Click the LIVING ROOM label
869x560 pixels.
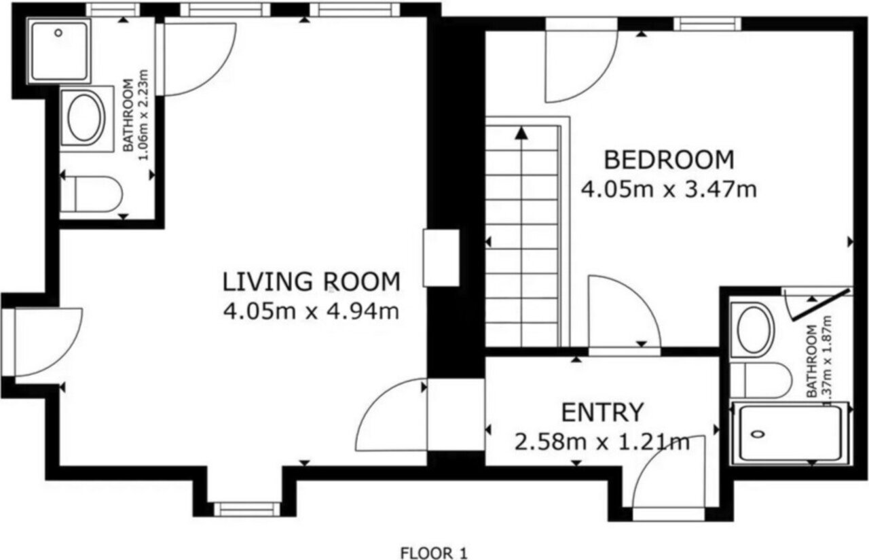[x=311, y=282]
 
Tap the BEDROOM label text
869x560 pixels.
[x=669, y=160]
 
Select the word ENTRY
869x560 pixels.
[x=602, y=413]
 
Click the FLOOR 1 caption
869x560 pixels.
[x=434, y=553]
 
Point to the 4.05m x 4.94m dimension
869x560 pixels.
[x=311, y=311]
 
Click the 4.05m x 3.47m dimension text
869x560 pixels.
[x=669, y=190]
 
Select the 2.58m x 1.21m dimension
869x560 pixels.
[x=602, y=442]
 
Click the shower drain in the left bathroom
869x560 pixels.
[x=58, y=33]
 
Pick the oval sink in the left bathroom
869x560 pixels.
[x=86, y=118]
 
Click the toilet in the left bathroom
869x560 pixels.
[x=92, y=194]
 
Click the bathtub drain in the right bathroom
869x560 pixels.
[x=757, y=434]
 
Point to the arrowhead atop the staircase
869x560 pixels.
[x=521, y=133]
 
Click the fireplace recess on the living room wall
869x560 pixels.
[x=441, y=258]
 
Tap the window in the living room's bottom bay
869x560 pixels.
[x=247, y=509]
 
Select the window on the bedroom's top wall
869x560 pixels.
[x=707, y=24]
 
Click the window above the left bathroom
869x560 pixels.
[x=113, y=10]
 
